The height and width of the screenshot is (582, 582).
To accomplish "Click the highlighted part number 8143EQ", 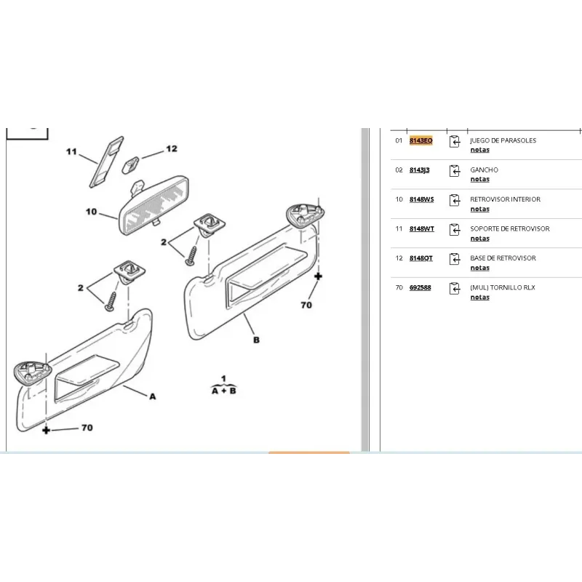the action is pos(421,140).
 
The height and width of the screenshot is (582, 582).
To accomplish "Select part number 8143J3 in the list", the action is pos(420,170).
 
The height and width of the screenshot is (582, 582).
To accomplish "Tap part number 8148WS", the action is pos(422,199).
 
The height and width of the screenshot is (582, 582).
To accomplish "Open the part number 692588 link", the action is pos(420,287).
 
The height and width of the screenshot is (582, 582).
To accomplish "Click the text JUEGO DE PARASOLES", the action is pos(503,140).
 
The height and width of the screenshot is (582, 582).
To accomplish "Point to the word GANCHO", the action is pos(484,170).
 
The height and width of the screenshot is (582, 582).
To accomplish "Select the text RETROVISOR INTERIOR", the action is pos(505,199).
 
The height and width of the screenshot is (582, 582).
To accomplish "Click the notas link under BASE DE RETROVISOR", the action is pos(480,268).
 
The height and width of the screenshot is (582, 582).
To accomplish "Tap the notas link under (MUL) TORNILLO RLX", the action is pos(480,297).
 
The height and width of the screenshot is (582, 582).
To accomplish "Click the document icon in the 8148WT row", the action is pos(455,229).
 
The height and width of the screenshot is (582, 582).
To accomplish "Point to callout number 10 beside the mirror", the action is pos(92,212).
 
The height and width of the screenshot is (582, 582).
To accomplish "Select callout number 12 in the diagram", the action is pos(172,148).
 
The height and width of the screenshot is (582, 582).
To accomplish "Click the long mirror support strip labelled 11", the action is pos(107,162).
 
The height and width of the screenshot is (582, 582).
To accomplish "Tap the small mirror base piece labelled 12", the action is pos(131,165).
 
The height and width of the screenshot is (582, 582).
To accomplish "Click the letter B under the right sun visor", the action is pos(256,340).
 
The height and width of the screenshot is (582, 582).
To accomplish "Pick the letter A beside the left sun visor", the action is pos(153,396).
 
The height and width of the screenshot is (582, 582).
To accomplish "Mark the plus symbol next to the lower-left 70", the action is pos(46,430).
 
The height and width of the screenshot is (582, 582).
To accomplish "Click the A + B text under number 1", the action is pos(224,391).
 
